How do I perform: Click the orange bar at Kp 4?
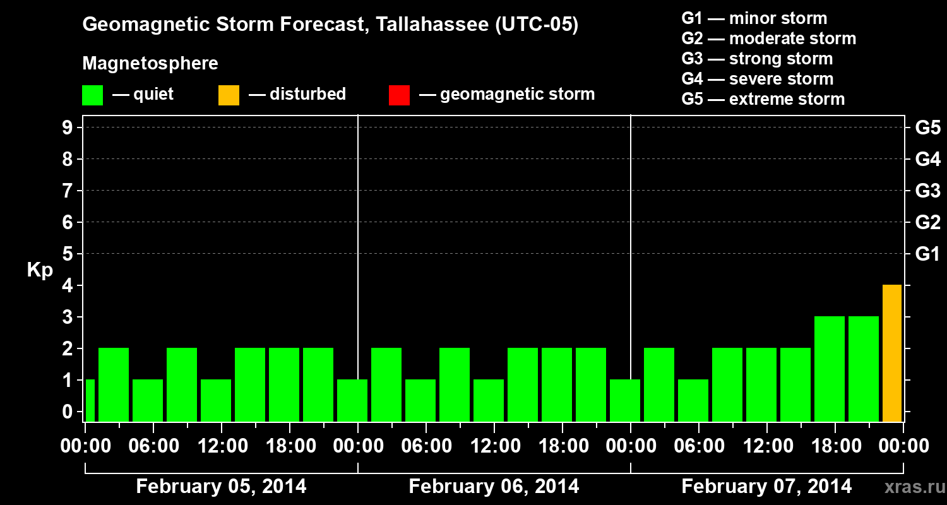pyautogui.click(x=891, y=353)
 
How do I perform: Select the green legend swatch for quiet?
pyautogui.click(x=92, y=95)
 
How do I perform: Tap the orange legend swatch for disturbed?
pyautogui.click(x=229, y=95)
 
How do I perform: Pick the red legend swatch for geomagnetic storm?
pyautogui.click(x=399, y=95)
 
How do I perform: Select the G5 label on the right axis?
pyautogui.click(x=927, y=128)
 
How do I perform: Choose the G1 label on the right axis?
pyautogui.click(x=927, y=254)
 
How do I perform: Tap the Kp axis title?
pyautogui.click(x=40, y=270)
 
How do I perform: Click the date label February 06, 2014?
pyautogui.click(x=494, y=487)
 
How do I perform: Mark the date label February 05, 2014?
pyautogui.click(x=221, y=487)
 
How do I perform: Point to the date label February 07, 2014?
pyautogui.click(x=766, y=487)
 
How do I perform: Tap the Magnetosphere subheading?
pyautogui.click(x=150, y=64)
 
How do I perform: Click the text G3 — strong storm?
pyautogui.click(x=757, y=59)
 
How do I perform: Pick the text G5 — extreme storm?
pyautogui.click(x=763, y=99)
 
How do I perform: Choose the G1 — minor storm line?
pyautogui.click(x=754, y=18)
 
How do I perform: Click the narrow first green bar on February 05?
pyautogui.click(x=90, y=400)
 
